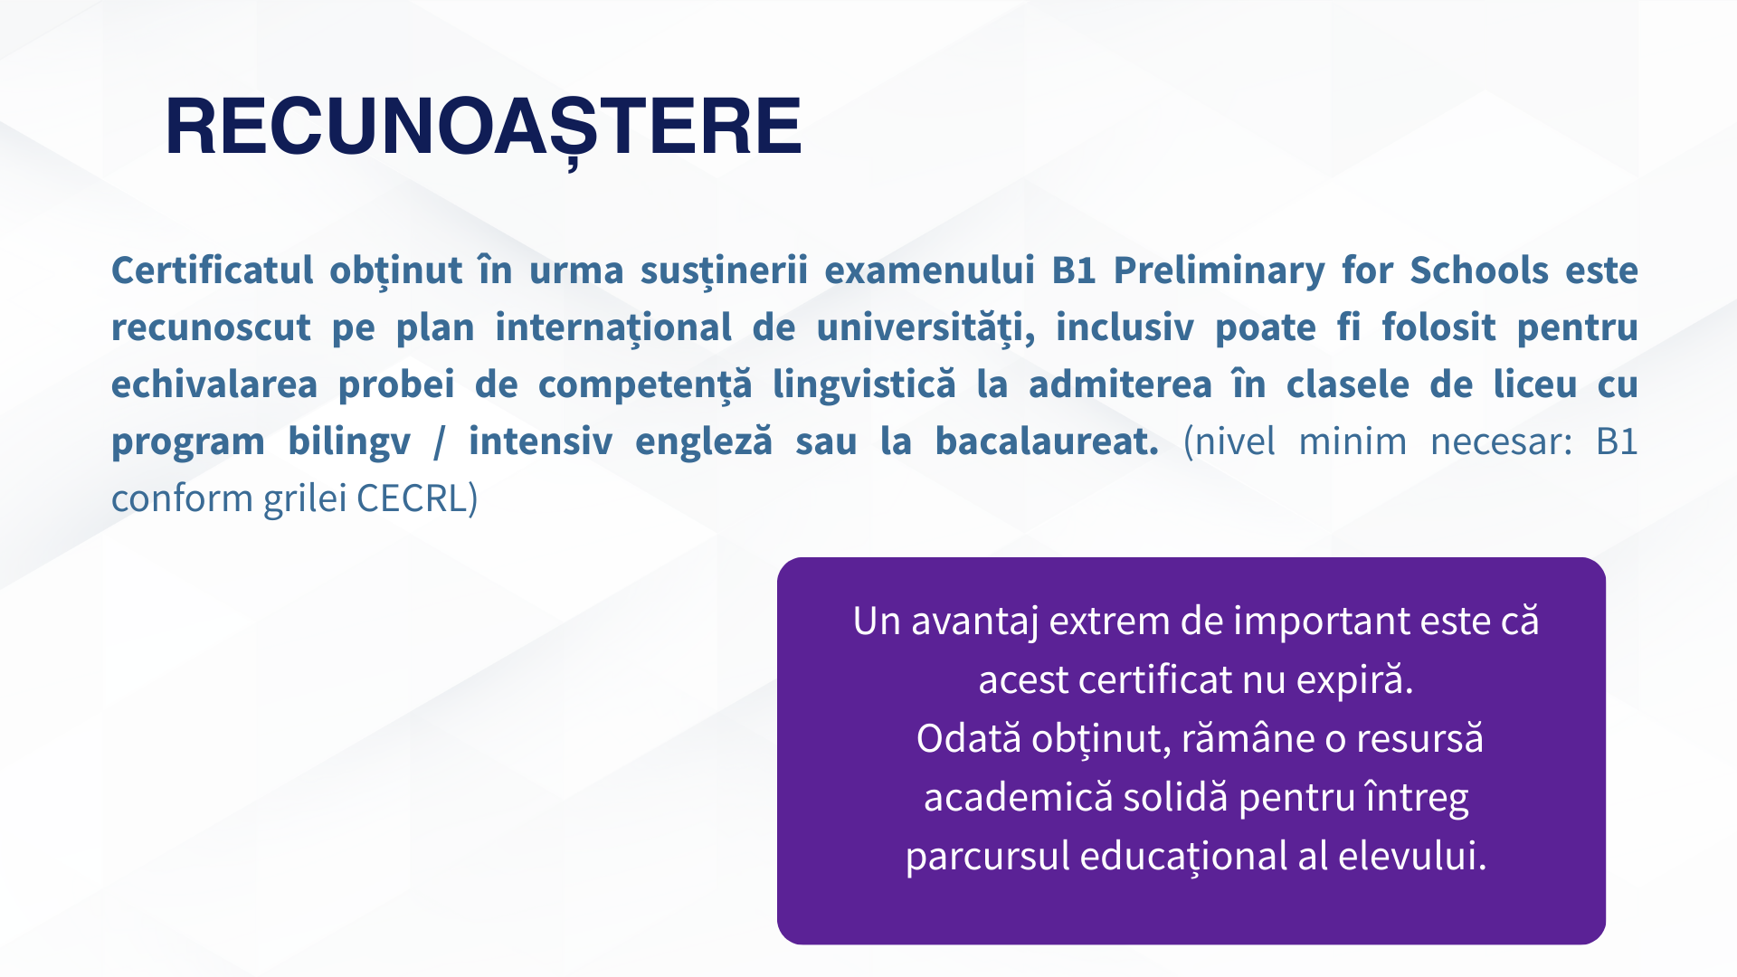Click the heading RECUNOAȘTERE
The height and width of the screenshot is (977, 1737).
coord(483,127)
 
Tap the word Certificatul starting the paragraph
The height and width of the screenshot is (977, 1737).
coord(212,270)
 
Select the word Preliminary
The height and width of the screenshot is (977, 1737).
coord(1219,270)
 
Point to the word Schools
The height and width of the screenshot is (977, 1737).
coord(1479,270)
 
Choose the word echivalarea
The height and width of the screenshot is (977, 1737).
coord(214,384)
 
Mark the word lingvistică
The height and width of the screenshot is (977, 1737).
coord(863,384)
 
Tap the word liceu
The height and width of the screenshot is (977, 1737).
coord(1534,384)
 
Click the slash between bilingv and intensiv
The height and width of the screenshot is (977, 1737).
coord(440,442)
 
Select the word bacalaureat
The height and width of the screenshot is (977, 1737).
coord(1046,442)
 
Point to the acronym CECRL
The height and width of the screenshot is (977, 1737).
coord(413,498)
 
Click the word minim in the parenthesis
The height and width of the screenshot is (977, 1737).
coord(1352,442)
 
